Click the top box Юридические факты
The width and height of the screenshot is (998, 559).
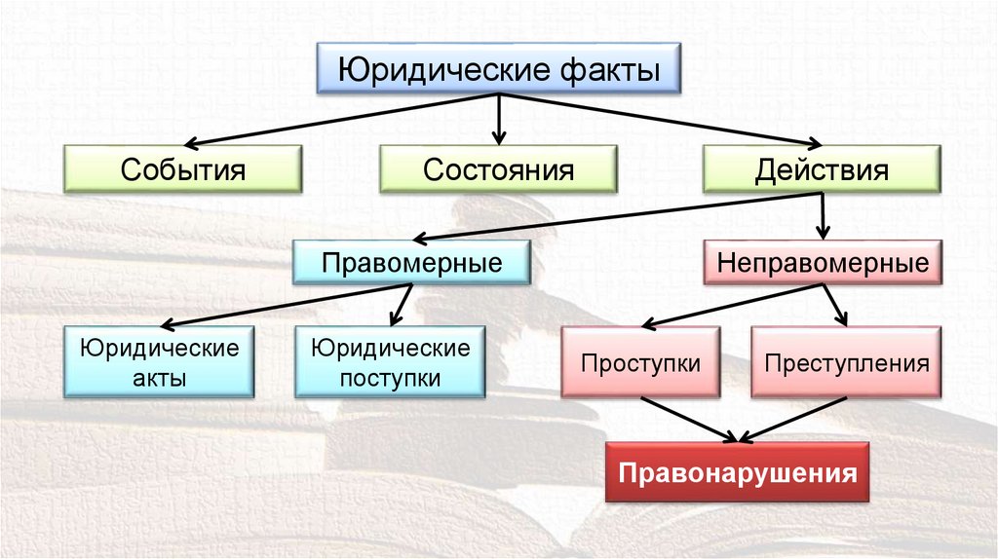[498, 69]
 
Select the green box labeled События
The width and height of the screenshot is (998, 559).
[182, 168]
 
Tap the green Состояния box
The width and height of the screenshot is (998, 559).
[497, 168]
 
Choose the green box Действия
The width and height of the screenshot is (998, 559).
[822, 168]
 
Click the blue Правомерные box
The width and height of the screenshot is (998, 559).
[412, 262]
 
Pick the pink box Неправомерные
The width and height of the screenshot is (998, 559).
[822, 262]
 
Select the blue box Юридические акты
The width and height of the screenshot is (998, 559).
[159, 362]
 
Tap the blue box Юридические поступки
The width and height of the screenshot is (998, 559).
[390, 362]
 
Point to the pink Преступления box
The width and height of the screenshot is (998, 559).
[846, 363]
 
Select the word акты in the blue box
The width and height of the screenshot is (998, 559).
[159, 378]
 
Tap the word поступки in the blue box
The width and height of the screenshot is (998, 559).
[390, 378]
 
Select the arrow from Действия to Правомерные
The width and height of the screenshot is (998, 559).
[614, 216]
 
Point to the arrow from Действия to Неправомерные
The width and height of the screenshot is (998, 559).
[824, 215]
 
